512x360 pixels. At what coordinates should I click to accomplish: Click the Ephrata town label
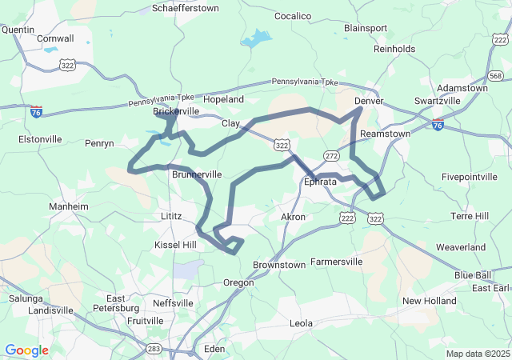[320, 182]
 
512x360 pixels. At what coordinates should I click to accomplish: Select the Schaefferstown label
[185, 8]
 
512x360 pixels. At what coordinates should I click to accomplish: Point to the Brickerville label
[176, 111]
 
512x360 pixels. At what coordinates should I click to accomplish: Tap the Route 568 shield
[496, 76]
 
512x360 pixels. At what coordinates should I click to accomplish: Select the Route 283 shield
[154, 348]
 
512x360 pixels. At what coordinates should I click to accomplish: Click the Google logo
[26, 350]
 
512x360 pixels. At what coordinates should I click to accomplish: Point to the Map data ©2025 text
[477, 354]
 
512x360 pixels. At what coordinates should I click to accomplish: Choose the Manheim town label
[69, 206]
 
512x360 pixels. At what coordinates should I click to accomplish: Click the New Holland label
[429, 301]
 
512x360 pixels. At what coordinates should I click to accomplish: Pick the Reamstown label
[386, 134]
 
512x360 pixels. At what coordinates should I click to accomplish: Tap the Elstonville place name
[40, 138]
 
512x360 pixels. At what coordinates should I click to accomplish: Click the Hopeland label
[223, 99]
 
